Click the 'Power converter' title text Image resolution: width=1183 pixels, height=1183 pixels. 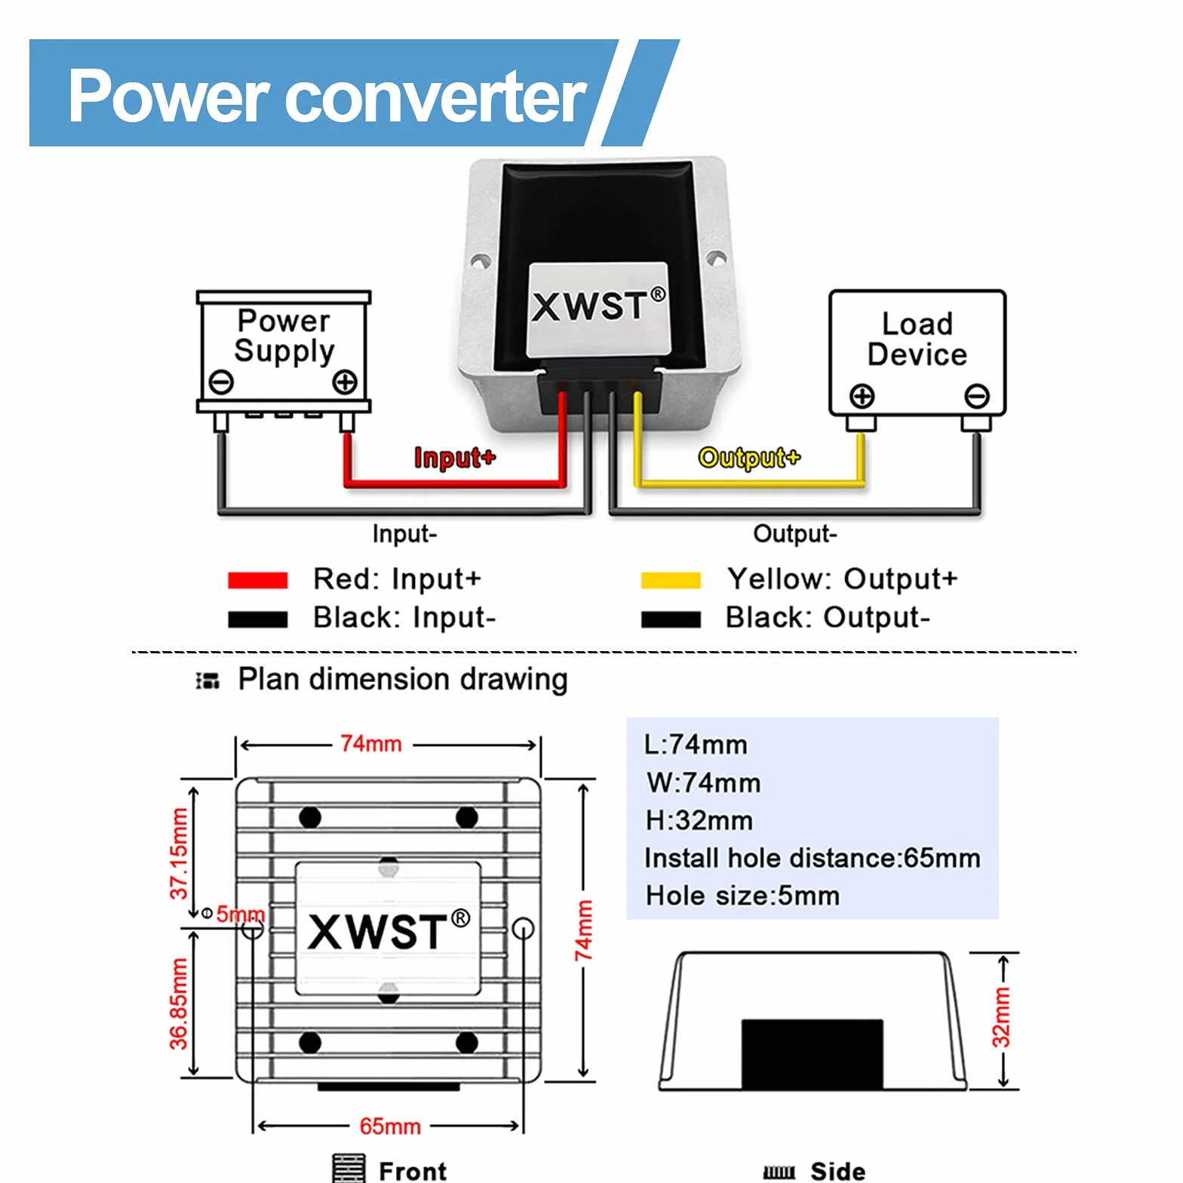327,96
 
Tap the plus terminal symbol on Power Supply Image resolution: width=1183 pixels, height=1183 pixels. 346,382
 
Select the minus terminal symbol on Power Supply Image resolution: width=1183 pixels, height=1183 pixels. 221,382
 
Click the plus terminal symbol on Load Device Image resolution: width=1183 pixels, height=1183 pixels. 862,395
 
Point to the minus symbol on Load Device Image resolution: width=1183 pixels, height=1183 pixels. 977,395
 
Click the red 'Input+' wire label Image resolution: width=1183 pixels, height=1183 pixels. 455,457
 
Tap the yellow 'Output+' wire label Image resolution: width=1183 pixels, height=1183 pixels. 749,457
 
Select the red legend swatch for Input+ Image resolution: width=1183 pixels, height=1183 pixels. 258,579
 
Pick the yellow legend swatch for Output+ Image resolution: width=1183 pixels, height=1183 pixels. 671,579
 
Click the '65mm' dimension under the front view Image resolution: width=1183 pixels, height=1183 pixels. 390,1126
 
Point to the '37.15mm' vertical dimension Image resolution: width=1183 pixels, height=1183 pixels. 178,853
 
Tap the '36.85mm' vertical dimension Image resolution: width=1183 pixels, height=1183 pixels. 178,1004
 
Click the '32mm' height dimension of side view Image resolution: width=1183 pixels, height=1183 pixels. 1001,1018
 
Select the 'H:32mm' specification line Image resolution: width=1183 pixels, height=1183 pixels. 699,820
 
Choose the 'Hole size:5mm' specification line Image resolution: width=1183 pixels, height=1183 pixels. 742,896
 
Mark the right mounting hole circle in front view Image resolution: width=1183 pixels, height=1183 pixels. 523,929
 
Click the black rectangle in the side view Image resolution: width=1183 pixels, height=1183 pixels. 813,1054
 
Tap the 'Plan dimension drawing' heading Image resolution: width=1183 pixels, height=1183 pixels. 403,679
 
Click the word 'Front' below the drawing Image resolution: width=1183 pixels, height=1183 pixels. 413,1171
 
